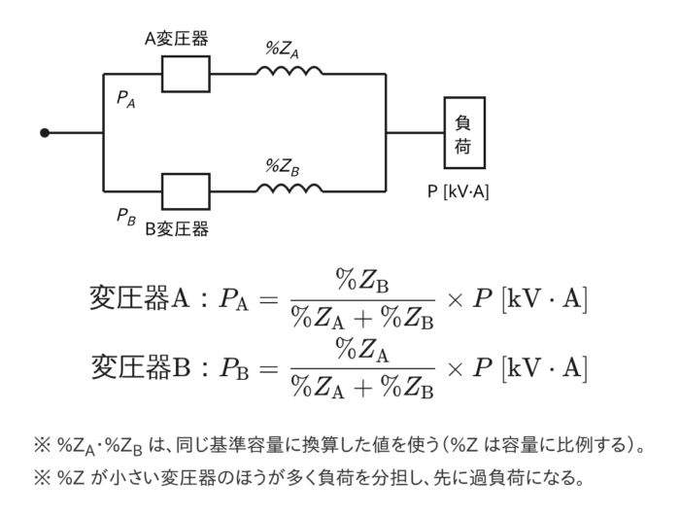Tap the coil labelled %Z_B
pos(289,188)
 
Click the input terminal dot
pos(45,133)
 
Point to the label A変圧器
pos(176,39)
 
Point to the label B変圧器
pos(176,228)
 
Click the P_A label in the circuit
pos(125,99)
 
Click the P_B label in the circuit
pos(125,217)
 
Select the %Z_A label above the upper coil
pos(282,50)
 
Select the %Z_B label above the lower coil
pos(282,167)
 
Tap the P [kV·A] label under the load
pos(458,191)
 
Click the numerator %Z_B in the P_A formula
pos(362,281)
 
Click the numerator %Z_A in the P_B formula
pos(362,350)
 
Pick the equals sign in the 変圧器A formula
pos(268,299)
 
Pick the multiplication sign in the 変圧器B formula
pos(455,369)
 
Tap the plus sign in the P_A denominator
pos(363,319)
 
